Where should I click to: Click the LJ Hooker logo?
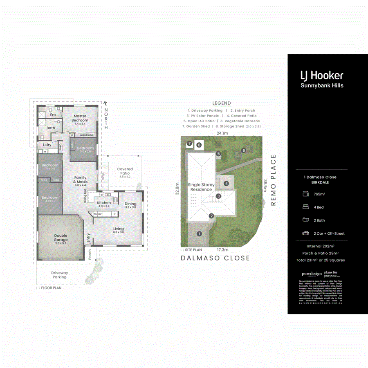coord(322,75)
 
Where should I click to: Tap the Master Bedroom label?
coord(80,118)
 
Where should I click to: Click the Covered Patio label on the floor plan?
coord(125,171)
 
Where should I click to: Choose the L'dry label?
coord(47,145)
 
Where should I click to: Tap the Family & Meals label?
coord(80,180)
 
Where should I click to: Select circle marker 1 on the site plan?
coord(199,234)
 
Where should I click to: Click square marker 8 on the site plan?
coord(199,144)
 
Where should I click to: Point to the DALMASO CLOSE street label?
coord(215,258)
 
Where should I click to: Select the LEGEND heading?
coord(222,103)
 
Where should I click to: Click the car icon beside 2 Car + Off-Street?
coord(305,233)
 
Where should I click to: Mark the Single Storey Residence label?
coord(201,187)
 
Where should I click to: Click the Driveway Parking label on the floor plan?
coord(60,275)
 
